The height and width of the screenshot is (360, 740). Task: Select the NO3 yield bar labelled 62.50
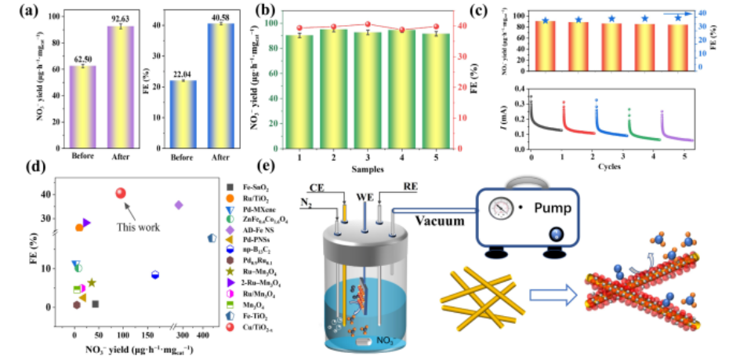[82, 106]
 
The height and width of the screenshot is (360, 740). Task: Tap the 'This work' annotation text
[138, 227]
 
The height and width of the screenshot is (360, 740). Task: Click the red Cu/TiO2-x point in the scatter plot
[120, 193]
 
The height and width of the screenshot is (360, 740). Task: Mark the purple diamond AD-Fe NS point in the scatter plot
[179, 205]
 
